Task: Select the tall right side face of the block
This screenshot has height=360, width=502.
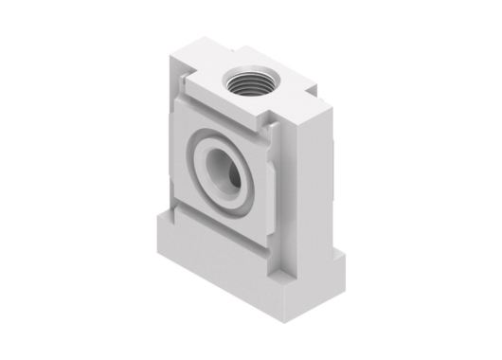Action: [x=313, y=180]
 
